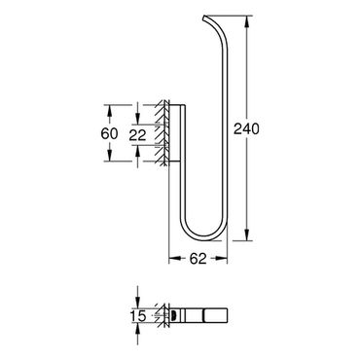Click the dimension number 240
(247, 129)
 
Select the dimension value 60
(109, 133)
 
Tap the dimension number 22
(137, 135)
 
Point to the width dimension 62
(198, 259)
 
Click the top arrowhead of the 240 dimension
(247, 21)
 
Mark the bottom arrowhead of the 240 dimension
(247, 234)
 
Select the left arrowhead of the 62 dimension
(175, 259)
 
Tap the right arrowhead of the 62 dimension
(222, 259)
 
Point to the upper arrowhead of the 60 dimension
(110, 110)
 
